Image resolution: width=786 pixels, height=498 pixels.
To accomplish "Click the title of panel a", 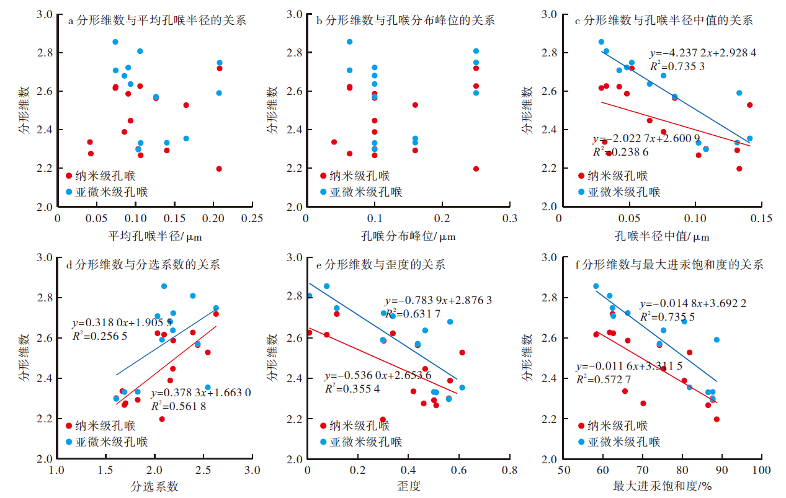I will tap(156, 20).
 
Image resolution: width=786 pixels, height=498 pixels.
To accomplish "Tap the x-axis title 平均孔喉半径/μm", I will tap(155, 236).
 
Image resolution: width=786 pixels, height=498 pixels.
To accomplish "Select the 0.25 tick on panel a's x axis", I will tap(253, 219).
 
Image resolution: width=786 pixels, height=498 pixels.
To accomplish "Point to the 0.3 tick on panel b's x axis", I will tap(510, 219).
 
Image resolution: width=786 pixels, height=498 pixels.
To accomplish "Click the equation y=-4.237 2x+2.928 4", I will tap(703, 53).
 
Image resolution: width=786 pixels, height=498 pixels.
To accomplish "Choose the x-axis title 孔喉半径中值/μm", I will tap(661, 236).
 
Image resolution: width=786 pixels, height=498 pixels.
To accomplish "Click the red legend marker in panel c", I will tap(581, 176).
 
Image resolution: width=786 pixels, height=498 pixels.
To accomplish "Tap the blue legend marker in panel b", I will tap(323, 192).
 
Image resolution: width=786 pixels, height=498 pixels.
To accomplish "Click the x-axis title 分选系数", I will tap(154, 486).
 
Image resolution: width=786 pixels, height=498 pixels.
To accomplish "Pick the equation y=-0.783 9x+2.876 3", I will tap(438, 300).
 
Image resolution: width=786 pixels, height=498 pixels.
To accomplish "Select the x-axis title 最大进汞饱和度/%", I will tap(662, 486).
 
